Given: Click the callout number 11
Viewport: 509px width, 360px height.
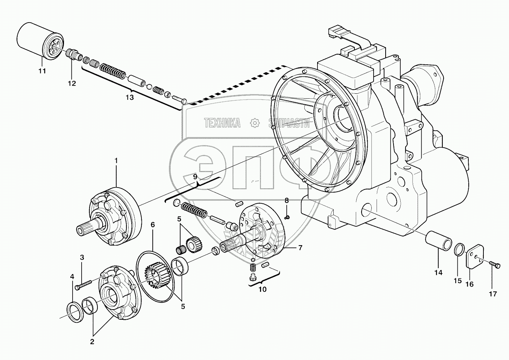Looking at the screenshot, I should coord(42,71).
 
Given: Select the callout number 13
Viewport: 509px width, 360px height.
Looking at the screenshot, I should coord(129,98).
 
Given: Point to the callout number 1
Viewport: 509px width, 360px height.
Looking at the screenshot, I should coord(116,160).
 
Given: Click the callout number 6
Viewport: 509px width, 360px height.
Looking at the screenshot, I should coord(153,225).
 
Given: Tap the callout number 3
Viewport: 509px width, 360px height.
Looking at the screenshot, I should coord(82,258).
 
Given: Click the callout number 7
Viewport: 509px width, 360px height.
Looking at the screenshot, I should coord(300,247).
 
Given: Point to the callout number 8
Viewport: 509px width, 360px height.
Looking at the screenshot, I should coord(287,200).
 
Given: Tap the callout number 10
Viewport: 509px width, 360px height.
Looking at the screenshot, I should coord(262,289).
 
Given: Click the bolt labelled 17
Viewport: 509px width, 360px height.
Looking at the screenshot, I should coord(494,265).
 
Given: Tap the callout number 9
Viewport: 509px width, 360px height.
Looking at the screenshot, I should coord(195,177).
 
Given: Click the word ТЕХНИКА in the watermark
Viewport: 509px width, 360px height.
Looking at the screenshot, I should coord(222,123).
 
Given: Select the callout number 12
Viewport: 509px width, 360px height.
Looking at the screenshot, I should coord(71,83).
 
